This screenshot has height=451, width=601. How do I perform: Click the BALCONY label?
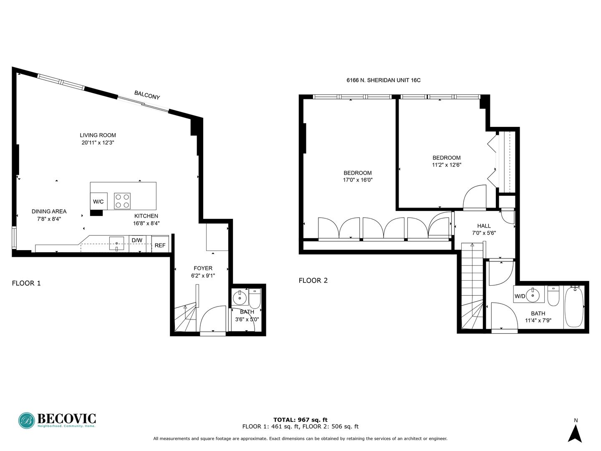click(147, 95)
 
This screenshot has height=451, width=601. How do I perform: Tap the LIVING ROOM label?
click(98, 135)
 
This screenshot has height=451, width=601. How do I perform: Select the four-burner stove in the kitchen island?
click(122, 201)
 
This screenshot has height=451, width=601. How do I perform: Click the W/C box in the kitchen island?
click(98, 201)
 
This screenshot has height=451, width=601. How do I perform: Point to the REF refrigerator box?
click(160, 244)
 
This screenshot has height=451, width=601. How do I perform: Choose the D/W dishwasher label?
click(137, 241)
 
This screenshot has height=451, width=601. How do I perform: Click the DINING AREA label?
click(49, 211)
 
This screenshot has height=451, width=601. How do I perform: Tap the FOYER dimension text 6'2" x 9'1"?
click(203, 276)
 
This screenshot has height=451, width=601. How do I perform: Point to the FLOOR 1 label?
click(26, 283)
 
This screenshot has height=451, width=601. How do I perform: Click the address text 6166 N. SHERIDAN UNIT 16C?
click(383, 80)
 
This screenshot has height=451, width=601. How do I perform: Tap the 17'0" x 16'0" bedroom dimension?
click(358, 180)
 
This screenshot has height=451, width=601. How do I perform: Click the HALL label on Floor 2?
click(484, 226)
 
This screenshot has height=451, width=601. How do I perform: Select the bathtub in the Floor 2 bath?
click(574, 307)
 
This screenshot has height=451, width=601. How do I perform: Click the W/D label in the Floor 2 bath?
click(520, 296)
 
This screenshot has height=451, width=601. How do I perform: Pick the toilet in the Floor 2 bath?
click(553, 296)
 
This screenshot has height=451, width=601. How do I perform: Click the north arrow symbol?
click(576, 434)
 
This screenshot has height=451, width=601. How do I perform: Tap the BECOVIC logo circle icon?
click(27, 421)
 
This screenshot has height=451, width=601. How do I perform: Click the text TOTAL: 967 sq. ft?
click(300, 420)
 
